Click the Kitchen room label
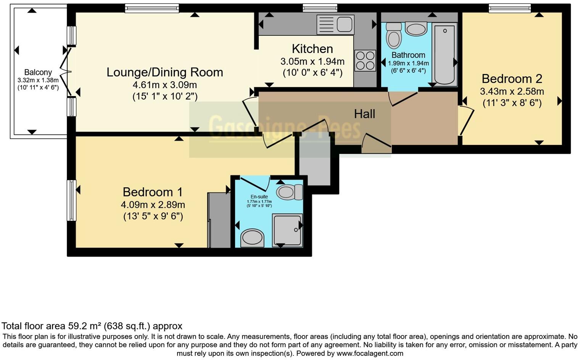(x=312, y=49)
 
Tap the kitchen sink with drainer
(x=335, y=24)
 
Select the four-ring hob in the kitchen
(x=365, y=61)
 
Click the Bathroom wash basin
(x=416, y=29)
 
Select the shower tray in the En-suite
(x=287, y=230)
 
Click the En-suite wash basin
(x=252, y=238)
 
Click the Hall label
(x=364, y=114)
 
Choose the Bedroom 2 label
(x=512, y=79)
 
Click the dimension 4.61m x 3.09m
(x=165, y=85)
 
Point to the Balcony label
(x=38, y=72)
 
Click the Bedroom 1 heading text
(x=153, y=192)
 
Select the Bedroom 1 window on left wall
(x=71, y=200)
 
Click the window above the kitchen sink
(x=320, y=8)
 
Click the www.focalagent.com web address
(x=370, y=353)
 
